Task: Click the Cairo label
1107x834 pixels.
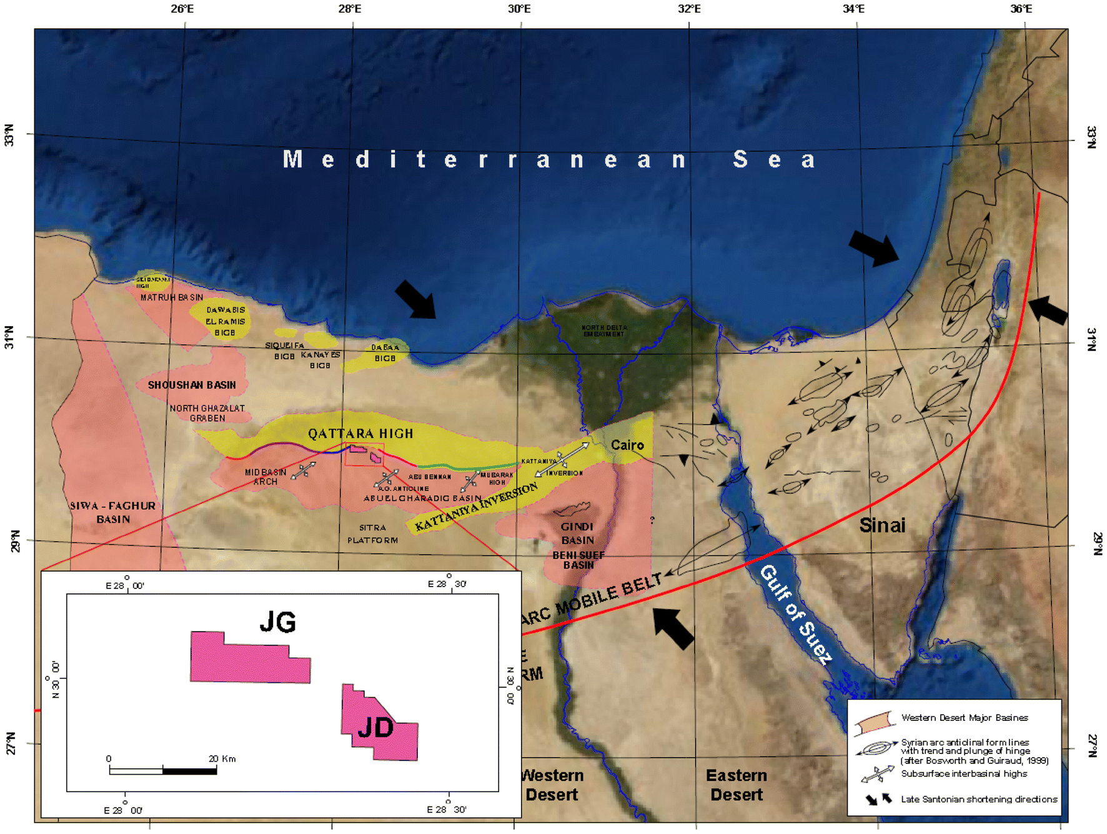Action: (x=627, y=445)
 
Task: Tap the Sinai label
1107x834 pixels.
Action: (x=881, y=525)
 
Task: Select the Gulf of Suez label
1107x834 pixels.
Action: (x=795, y=614)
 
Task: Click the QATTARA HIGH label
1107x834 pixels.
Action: (x=360, y=434)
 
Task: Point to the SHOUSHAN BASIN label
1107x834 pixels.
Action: (x=192, y=385)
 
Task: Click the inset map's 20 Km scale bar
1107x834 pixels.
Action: (x=162, y=771)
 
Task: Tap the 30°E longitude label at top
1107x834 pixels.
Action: (x=519, y=9)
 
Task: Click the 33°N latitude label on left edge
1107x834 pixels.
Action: (x=9, y=136)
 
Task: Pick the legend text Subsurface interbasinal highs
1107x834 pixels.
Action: (x=963, y=774)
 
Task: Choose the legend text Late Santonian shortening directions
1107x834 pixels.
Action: (x=978, y=799)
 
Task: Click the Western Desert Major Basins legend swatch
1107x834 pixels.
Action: (x=874, y=723)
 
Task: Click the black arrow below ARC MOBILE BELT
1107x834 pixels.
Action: (x=673, y=628)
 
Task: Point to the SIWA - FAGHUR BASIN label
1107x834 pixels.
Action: (x=113, y=512)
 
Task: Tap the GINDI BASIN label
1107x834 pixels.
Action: (x=577, y=534)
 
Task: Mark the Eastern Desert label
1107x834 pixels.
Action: (x=736, y=785)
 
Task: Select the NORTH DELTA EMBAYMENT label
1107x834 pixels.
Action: (x=603, y=330)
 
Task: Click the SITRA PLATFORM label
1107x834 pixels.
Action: (x=372, y=534)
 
